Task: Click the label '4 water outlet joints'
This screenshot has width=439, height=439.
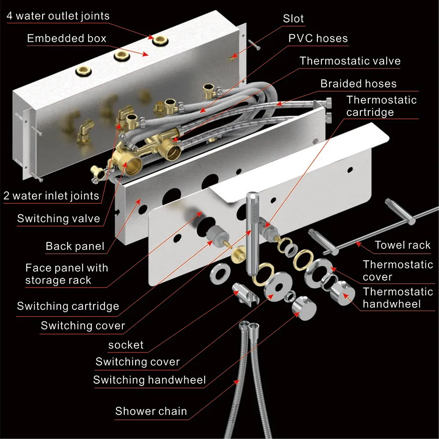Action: [58, 16]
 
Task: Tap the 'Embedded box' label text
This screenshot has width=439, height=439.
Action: [67, 38]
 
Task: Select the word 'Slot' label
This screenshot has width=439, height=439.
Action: [293, 19]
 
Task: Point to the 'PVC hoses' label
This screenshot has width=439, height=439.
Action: [318, 38]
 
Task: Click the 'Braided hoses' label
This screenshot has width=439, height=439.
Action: [358, 84]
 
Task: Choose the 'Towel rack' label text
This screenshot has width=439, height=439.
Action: [403, 245]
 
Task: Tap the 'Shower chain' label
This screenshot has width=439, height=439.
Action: [151, 411]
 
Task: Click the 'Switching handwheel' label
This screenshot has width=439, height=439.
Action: [150, 380]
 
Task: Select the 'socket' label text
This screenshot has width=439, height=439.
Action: [126, 345]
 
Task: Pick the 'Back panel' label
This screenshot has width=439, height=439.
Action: [75, 246]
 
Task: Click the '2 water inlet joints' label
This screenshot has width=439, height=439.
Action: [51, 196]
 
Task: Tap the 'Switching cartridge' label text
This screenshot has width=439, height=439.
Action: [68, 306]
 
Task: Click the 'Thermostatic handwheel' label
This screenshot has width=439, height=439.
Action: [398, 298]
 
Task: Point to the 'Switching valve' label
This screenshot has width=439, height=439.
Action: [58, 218]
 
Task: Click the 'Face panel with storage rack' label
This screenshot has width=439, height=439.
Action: [67, 274]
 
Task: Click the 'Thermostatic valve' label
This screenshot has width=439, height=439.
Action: [350, 61]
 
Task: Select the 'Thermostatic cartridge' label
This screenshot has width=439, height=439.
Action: [381, 106]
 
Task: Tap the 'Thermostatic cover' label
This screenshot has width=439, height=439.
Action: [398, 270]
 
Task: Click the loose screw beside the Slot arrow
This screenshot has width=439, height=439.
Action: [254, 45]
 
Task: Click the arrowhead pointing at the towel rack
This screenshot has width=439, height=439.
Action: [358, 244]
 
